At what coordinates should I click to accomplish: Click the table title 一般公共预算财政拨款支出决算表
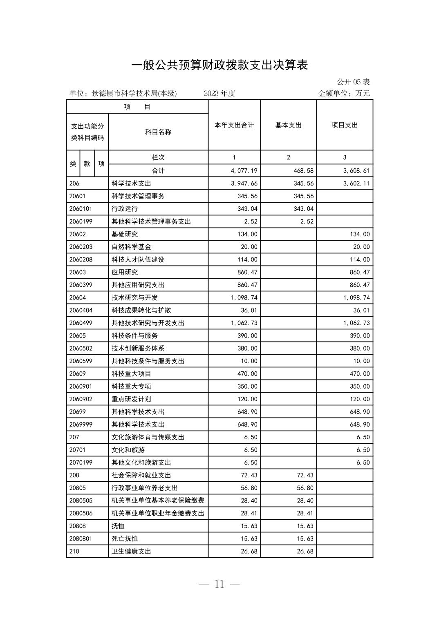(219, 65)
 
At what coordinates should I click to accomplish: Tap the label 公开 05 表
(353, 82)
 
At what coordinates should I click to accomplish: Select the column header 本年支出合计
(234, 125)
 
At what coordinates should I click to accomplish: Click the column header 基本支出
(288, 125)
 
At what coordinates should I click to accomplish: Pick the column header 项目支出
(345, 125)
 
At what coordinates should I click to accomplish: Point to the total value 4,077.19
(244, 170)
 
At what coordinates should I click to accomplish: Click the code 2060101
(81, 209)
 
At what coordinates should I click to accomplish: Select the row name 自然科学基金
(131, 247)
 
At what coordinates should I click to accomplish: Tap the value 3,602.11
(356, 183)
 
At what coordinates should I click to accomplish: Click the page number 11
(219, 584)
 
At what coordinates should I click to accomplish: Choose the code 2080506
(81, 513)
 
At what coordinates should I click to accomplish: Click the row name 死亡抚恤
(125, 538)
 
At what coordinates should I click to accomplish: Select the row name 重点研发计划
(131, 399)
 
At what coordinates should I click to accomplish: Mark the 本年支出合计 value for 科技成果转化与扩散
(249, 310)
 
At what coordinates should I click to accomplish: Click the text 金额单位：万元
(344, 93)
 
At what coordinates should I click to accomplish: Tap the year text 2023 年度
(219, 93)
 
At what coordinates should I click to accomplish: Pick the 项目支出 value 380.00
(361, 348)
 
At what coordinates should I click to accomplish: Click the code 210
(74, 551)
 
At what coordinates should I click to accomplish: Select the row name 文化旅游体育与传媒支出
(148, 437)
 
